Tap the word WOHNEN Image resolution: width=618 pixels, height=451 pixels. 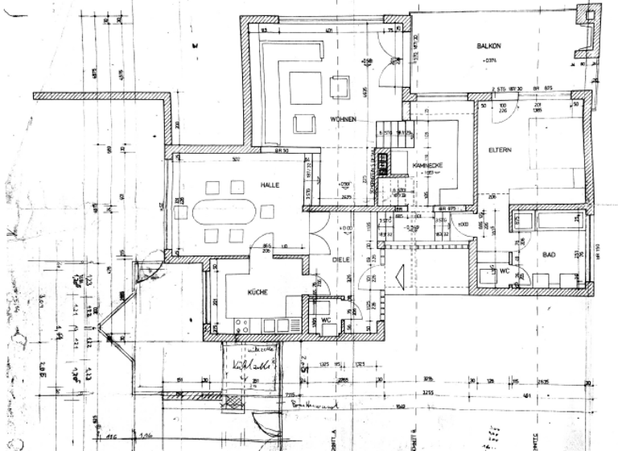click(342, 119)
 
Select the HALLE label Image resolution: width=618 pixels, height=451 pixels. click(269, 184)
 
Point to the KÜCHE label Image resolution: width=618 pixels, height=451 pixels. click(257, 292)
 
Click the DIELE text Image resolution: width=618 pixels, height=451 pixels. click(343, 260)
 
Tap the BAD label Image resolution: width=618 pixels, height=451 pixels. click(550, 254)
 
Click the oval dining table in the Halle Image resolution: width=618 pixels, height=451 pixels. click(225, 212)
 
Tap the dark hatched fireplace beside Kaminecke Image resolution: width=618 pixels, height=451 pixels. click(384, 163)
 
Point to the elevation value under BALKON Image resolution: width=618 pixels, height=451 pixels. click(491, 59)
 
